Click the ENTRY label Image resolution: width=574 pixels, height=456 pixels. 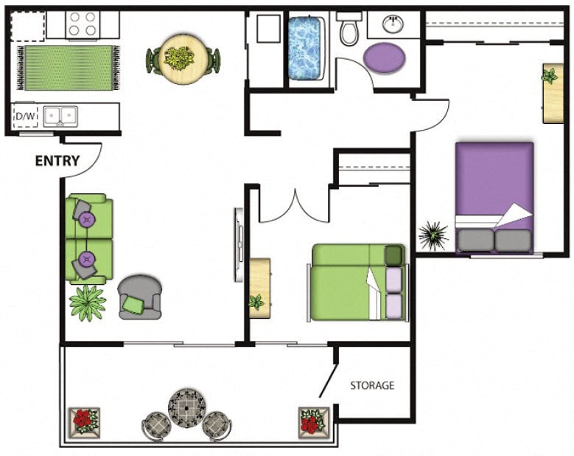[x=57, y=161]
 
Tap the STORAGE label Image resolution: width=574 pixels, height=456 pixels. [x=372, y=385]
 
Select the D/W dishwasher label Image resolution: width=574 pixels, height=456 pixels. [x=25, y=116]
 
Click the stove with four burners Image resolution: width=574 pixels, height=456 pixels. [x=83, y=25]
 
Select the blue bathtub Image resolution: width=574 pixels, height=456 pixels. [x=306, y=49]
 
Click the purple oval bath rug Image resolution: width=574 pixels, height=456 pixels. [x=385, y=56]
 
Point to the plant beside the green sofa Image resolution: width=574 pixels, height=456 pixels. [x=87, y=302]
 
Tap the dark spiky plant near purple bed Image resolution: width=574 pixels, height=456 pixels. [x=433, y=236]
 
